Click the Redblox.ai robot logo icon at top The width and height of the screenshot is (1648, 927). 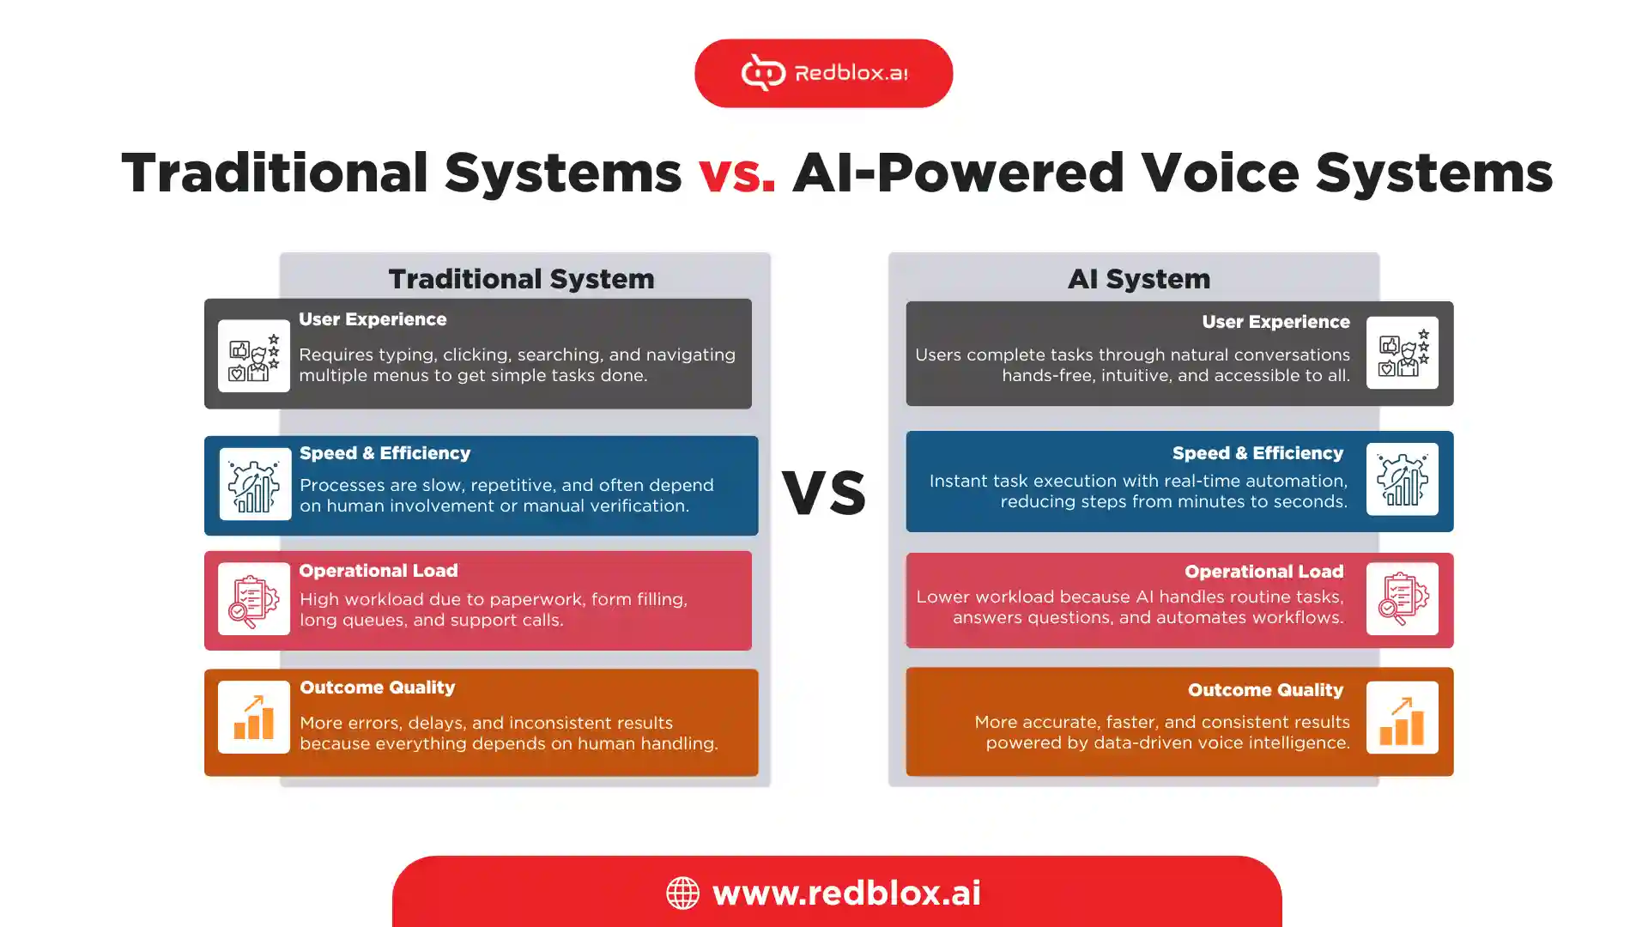(763, 72)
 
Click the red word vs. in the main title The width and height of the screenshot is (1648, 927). (736, 173)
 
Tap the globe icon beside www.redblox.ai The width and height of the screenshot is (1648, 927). (683, 893)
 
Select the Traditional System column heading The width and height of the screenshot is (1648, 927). (521, 279)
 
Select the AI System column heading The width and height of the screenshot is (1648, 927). (1139, 279)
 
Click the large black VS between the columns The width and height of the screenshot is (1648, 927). (824, 494)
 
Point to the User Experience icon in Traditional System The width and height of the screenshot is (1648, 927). (254, 356)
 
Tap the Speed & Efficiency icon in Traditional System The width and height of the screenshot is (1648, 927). (255, 484)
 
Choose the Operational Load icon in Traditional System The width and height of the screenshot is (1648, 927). (254, 599)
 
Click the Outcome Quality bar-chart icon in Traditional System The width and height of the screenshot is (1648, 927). (254, 718)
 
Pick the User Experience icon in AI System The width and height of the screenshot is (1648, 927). (1403, 353)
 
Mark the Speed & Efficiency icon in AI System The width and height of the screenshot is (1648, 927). (1403, 479)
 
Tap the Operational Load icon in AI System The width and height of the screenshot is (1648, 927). (1403, 599)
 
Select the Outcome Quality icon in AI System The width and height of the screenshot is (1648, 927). (1403, 718)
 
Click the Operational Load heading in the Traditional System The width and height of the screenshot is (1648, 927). (379, 571)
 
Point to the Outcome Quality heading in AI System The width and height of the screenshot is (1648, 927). (1266, 690)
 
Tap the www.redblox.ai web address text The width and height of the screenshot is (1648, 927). (846, 893)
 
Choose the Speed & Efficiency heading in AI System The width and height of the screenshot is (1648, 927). (1258, 453)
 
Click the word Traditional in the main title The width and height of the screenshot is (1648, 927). (275, 173)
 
